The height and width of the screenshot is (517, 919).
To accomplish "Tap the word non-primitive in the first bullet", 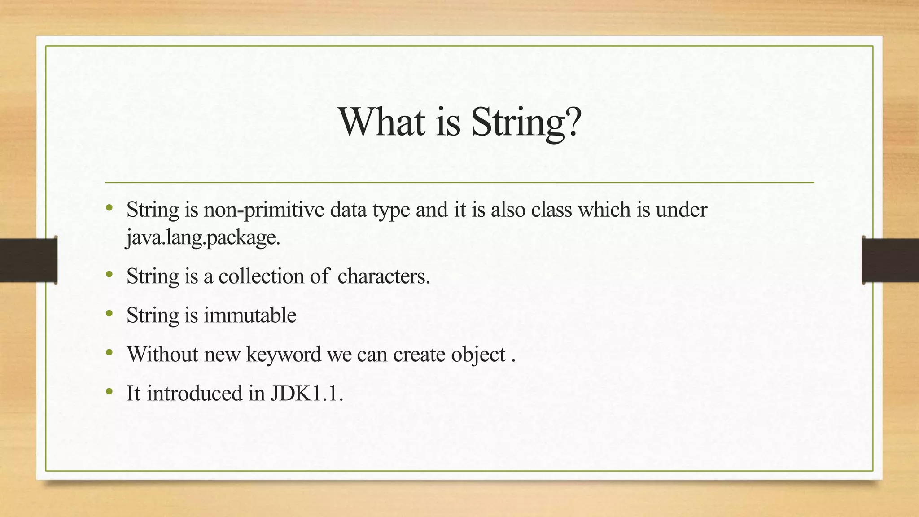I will point(263,210).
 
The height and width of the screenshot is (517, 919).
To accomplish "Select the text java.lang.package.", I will point(203,237).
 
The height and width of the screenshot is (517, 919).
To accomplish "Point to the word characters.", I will point(384,276).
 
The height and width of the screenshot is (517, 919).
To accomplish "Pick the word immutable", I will point(250,315).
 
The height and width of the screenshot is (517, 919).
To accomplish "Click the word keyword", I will point(284,354).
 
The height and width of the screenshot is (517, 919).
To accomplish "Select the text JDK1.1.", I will point(306,393).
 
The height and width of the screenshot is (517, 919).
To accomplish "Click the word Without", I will point(162,354).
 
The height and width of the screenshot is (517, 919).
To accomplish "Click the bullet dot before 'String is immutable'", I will point(109,314).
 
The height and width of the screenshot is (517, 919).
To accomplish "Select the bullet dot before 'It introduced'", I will point(109,392).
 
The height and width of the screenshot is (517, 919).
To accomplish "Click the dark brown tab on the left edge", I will point(28,260).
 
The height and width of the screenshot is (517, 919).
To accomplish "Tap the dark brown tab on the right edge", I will point(890,260).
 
